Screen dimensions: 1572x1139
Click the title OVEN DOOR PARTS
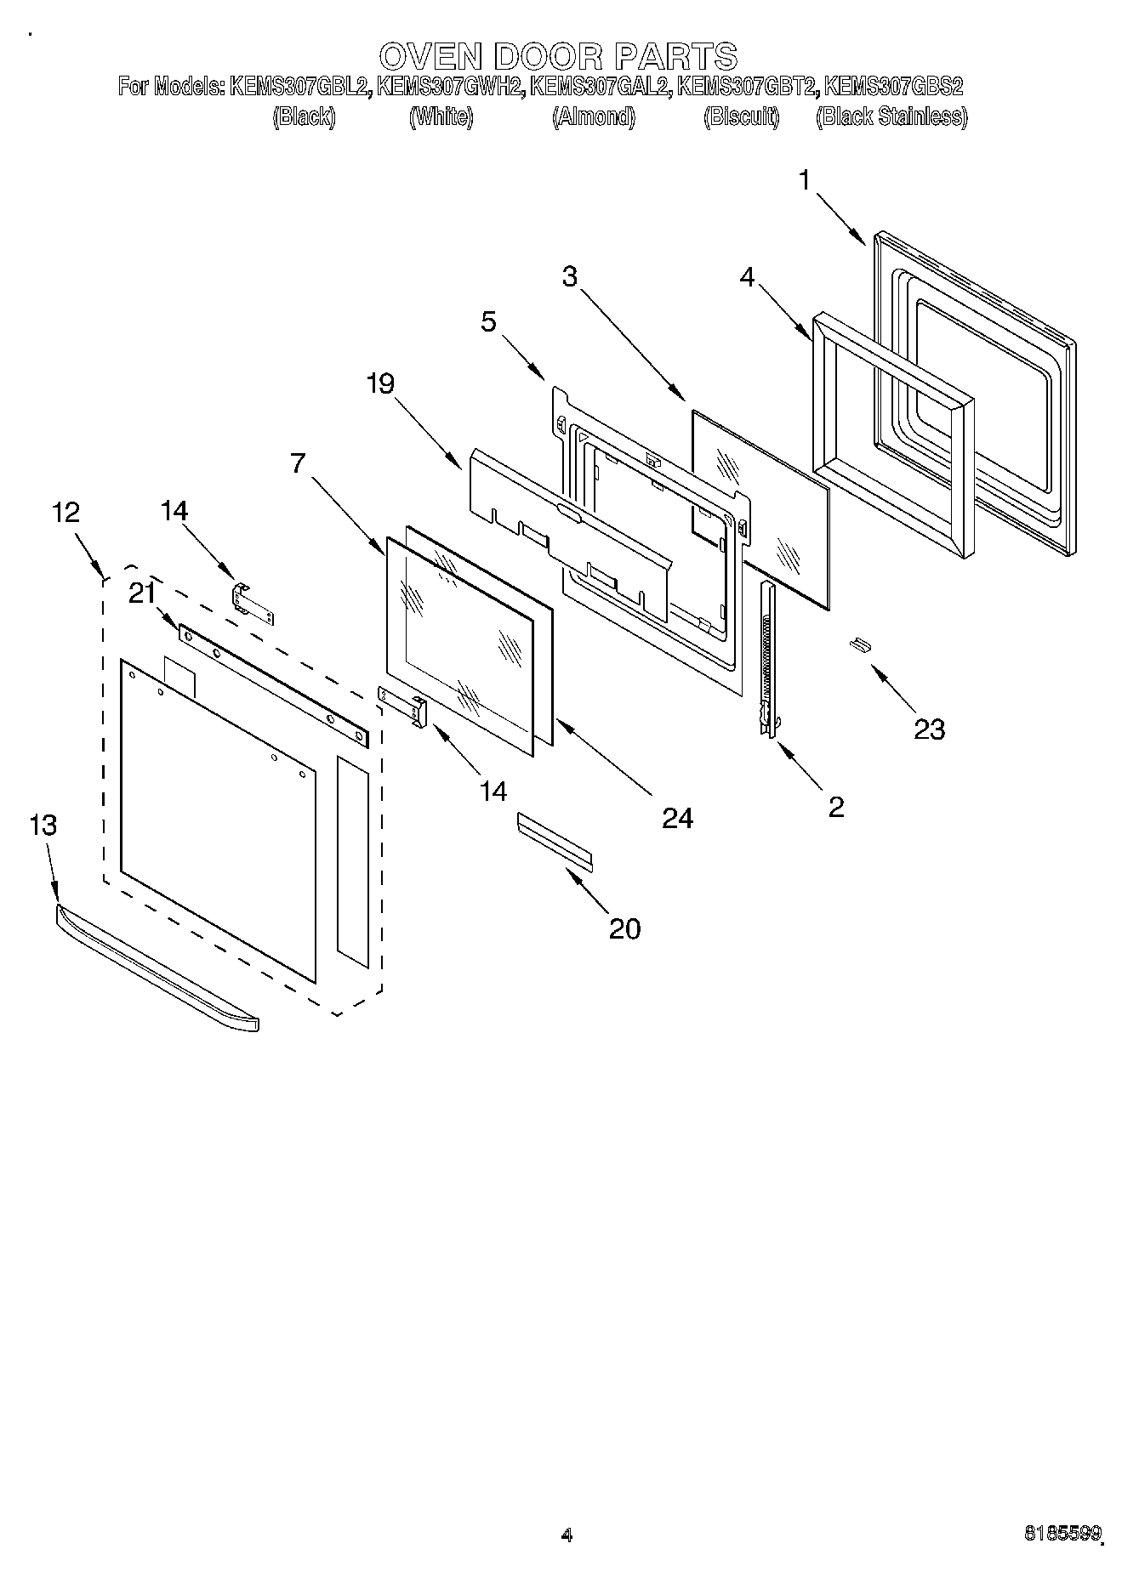coord(557,56)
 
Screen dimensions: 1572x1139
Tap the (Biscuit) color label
coord(741,116)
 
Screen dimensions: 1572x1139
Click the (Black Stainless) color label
coord(891,116)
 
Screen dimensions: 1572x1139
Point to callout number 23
coord(929,729)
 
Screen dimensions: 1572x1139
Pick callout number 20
coord(624,928)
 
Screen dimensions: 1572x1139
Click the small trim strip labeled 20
coord(555,841)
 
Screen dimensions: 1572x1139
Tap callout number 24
coord(677,817)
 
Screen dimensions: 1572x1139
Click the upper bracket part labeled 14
coord(253,603)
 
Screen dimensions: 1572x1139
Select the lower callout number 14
coord(493,791)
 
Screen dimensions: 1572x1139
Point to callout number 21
coord(141,594)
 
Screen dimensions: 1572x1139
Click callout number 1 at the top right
coord(805,180)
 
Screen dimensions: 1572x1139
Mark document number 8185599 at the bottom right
coord(1062,1534)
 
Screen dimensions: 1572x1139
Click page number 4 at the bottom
coord(567,1535)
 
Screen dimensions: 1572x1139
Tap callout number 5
coord(488,321)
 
